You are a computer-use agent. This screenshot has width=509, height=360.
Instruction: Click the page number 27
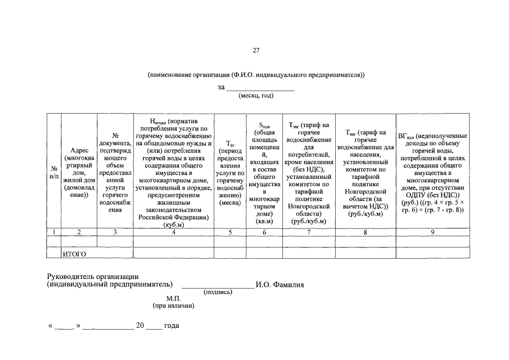pyautogui.click(x=256, y=51)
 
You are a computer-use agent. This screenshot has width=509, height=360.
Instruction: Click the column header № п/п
pyautogui.click(x=54, y=172)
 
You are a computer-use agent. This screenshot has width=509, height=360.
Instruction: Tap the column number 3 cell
pyautogui.click(x=115, y=232)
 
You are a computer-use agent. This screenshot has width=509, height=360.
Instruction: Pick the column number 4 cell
pyautogui.click(x=174, y=232)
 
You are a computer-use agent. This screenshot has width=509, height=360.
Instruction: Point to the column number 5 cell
pyautogui.click(x=229, y=232)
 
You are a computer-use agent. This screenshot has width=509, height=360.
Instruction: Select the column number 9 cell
pyautogui.click(x=433, y=232)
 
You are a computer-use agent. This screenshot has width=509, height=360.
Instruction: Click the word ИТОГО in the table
pyautogui.click(x=74, y=254)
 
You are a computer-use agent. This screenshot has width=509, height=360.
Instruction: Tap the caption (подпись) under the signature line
pyautogui.click(x=218, y=292)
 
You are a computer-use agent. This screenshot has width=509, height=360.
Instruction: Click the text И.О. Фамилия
pyautogui.click(x=280, y=285)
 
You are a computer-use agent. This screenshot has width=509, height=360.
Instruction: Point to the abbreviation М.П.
pyautogui.click(x=173, y=298)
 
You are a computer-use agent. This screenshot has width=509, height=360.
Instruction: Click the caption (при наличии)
pyautogui.click(x=173, y=305)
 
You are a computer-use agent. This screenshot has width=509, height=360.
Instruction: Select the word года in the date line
pyautogui.click(x=171, y=326)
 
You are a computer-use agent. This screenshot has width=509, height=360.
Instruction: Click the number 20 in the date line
pyautogui.click(x=141, y=326)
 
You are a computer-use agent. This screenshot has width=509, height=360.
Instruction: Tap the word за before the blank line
pyautogui.click(x=221, y=87)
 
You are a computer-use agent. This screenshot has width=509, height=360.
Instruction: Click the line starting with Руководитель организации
pyautogui.click(x=93, y=276)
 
